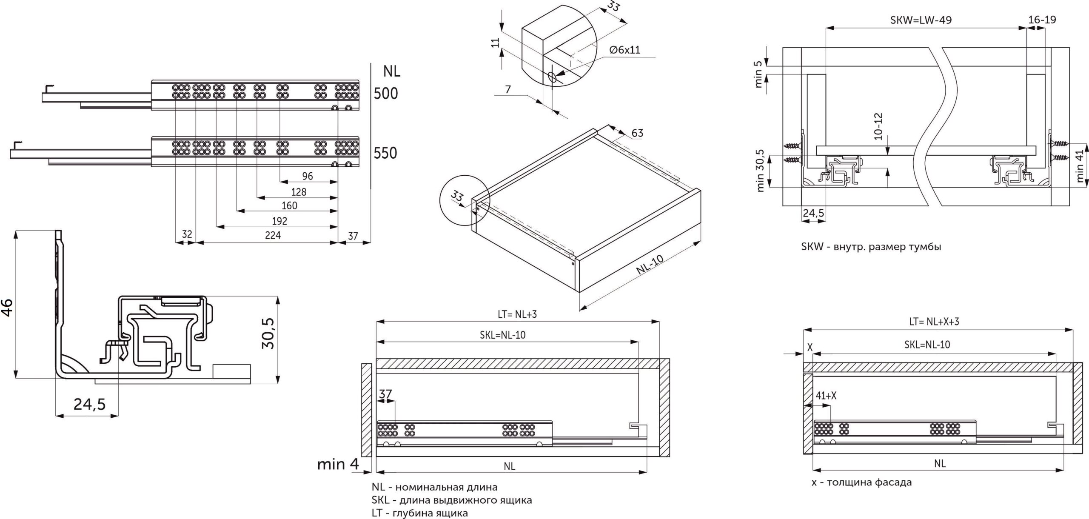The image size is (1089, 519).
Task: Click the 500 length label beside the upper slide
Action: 386,94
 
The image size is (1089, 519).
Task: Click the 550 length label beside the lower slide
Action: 385,153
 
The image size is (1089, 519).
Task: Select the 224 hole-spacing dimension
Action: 273,235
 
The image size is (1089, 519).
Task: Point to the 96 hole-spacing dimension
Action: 307,176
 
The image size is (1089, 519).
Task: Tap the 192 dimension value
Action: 279,221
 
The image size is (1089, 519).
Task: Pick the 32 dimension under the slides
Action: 187,234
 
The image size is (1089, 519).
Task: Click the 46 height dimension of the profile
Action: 7,307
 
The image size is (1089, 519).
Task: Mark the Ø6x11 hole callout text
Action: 624,50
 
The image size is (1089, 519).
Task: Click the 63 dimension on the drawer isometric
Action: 637,133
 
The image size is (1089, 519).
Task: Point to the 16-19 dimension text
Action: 1042,20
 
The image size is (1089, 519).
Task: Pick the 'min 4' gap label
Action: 338,464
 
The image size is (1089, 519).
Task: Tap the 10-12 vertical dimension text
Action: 878,126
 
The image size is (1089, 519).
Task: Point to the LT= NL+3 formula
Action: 517,314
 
